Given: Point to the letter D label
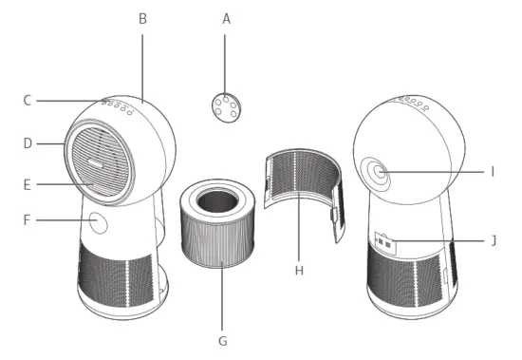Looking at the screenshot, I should (28, 143).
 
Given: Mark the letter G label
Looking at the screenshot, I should (224, 337).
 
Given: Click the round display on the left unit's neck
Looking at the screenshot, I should (97, 224).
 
